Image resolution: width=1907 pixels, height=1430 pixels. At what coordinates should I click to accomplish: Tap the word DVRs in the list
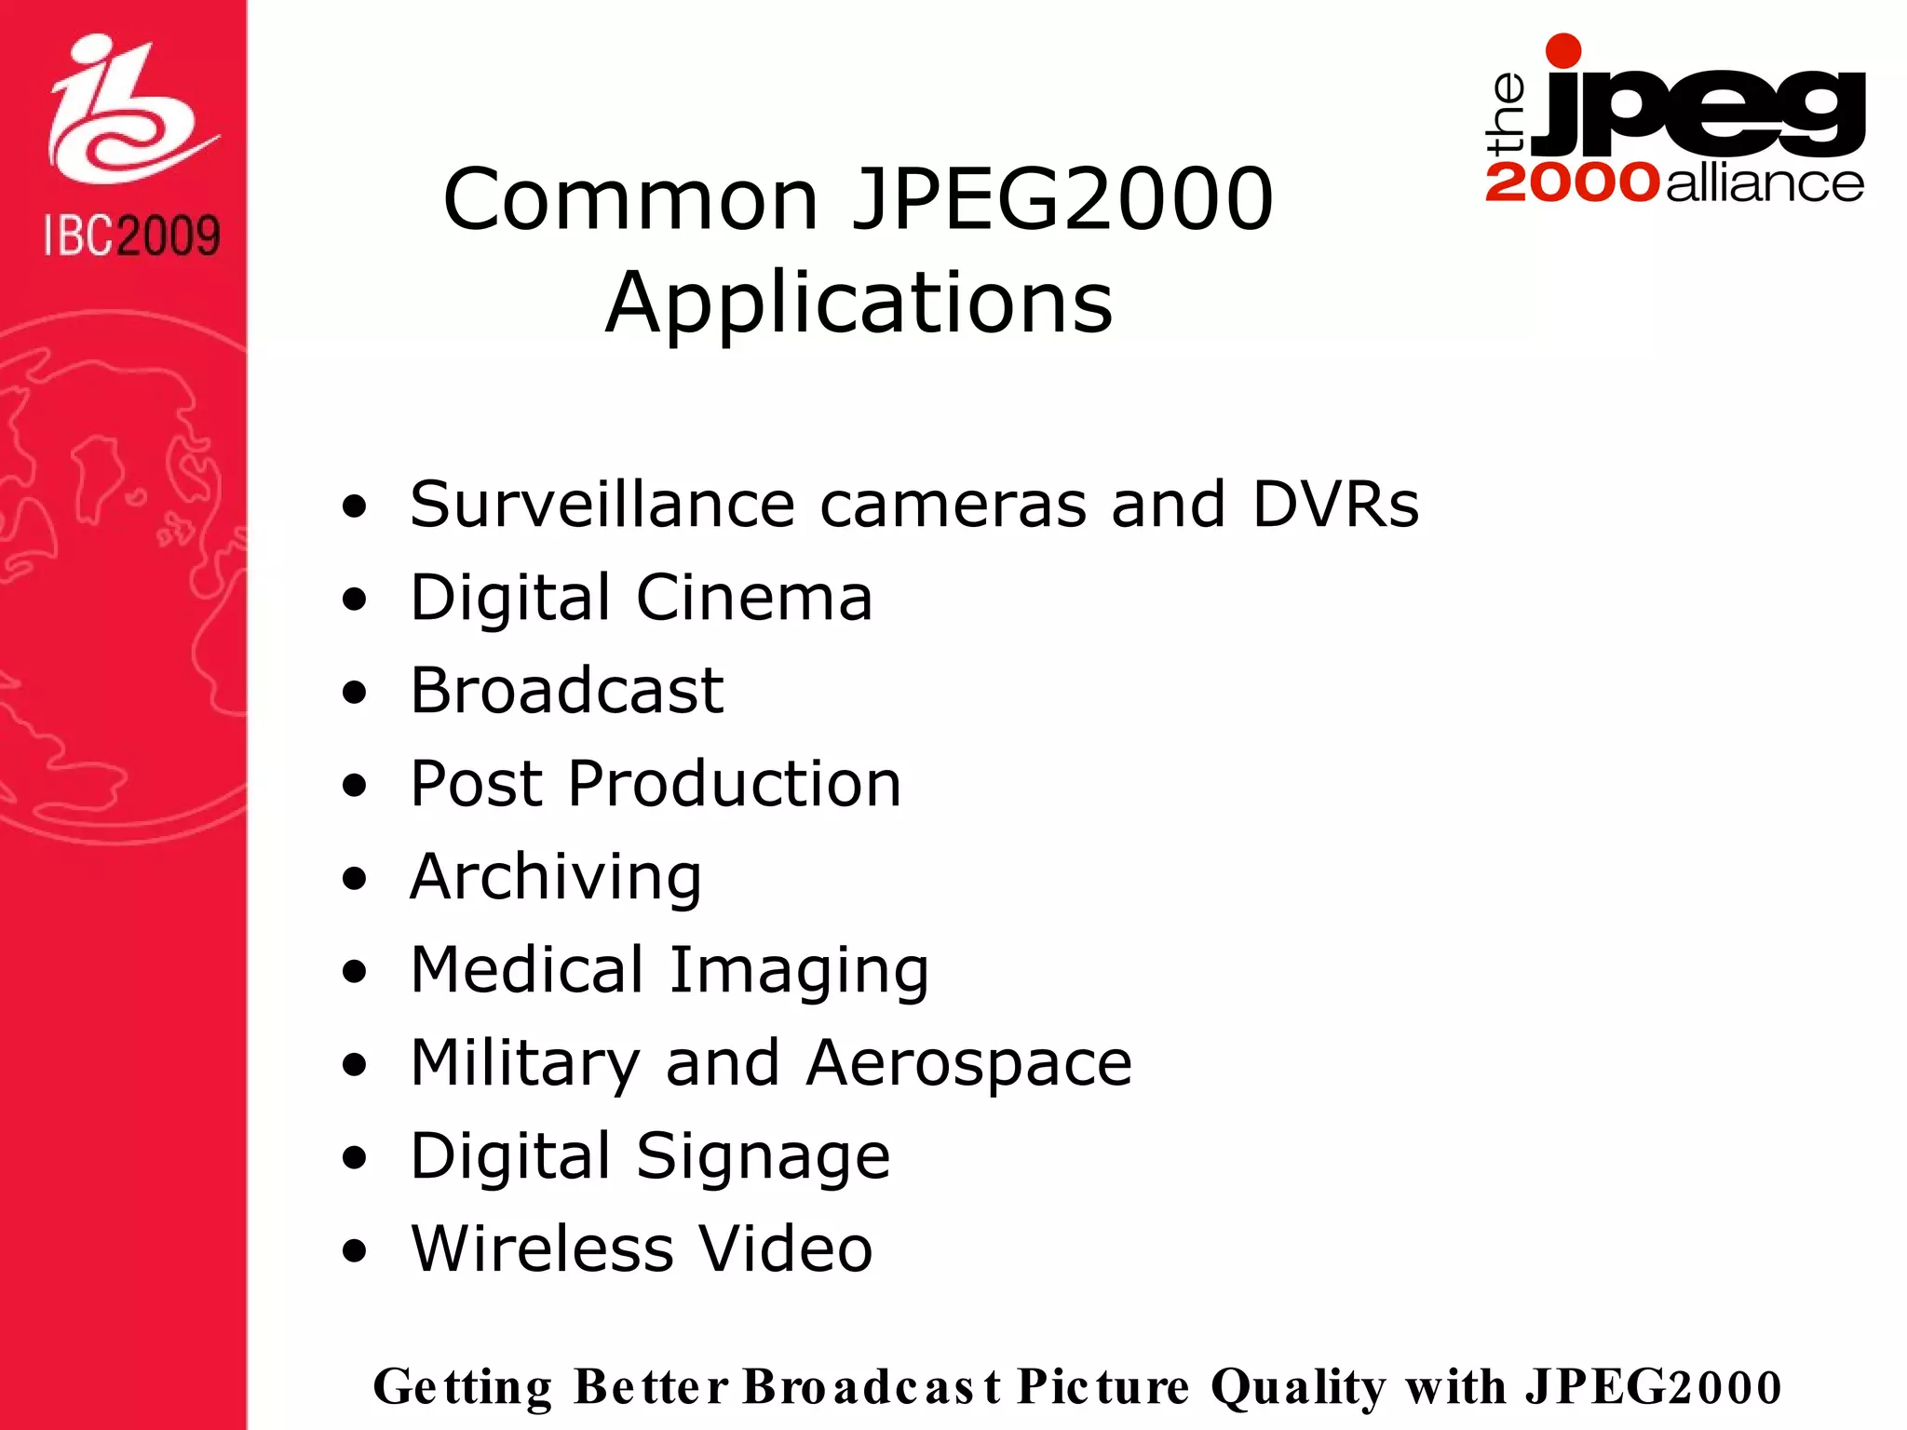pos(1335,505)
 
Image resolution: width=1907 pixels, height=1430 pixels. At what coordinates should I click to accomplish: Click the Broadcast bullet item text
pos(567,691)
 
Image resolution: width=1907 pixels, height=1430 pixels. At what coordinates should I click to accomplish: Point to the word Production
pos(735,784)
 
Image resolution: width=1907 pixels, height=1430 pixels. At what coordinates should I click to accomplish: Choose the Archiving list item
pos(556,877)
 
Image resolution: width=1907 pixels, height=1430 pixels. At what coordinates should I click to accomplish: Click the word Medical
pos(527,970)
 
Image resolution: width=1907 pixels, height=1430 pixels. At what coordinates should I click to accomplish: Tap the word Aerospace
pos(969,1063)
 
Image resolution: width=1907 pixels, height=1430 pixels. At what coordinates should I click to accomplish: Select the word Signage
pos(764,1156)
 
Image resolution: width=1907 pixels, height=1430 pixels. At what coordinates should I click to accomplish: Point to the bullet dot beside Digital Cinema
pos(354,600)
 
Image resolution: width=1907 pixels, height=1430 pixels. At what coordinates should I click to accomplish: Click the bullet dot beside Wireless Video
pos(354,1252)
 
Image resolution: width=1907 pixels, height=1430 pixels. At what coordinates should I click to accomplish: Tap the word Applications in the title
pos(859,304)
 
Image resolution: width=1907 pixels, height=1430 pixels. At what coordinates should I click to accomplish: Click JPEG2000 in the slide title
pos(1062,199)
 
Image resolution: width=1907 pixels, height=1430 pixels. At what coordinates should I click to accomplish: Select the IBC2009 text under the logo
pos(131,236)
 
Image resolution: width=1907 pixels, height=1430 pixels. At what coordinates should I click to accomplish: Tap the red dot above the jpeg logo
pos(1562,51)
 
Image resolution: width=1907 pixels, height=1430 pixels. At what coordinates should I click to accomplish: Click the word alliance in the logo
pos(1765,183)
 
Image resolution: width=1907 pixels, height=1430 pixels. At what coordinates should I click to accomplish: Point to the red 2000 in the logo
pos(1572,182)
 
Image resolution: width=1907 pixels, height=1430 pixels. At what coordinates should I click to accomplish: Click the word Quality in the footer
pos(1298,1387)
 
